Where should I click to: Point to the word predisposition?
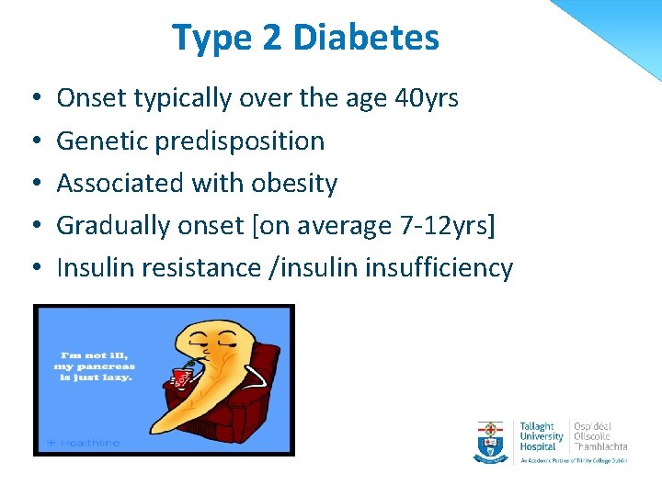pyautogui.click(x=236, y=141)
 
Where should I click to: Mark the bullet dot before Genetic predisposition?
pyautogui.click(x=33, y=141)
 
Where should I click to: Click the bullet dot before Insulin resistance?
pyautogui.click(x=33, y=268)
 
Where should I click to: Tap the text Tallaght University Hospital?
pyautogui.click(x=542, y=436)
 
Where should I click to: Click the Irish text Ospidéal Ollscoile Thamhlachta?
pyautogui.click(x=599, y=436)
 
